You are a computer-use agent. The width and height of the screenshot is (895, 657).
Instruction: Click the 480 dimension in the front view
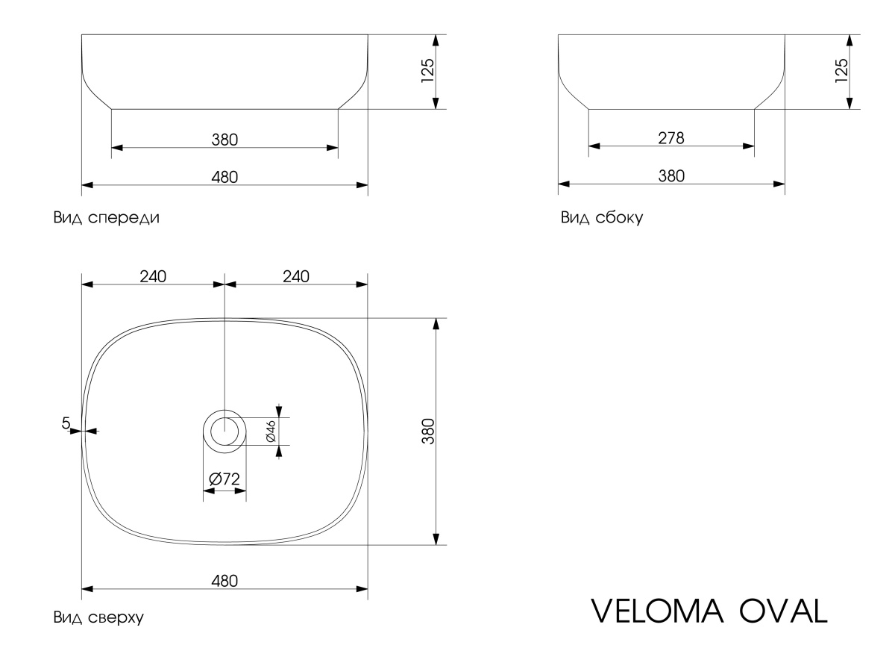pos(224,176)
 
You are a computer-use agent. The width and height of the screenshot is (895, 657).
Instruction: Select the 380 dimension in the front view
pos(224,139)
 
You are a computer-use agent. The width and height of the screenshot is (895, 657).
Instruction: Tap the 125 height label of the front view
pos(427,72)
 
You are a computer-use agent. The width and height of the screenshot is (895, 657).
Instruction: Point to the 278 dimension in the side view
pos(671,138)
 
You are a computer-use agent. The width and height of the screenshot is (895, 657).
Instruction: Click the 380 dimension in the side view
pos(671,176)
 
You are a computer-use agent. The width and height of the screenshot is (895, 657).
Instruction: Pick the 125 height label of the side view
pos(841,72)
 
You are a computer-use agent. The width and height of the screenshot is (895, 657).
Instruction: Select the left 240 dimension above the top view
pos(153,275)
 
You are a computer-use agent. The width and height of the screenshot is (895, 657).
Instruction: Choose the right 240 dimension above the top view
pos(296,275)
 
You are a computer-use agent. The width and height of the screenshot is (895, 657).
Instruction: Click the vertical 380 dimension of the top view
pos(427,432)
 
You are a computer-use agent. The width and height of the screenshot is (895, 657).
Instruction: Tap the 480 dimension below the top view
pos(224,581)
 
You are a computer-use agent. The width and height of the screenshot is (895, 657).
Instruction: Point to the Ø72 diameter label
pos(224,479)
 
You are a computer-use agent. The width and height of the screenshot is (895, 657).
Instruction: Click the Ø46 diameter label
pos(271,431)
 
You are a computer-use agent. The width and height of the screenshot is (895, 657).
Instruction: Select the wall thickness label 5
pos(66,423)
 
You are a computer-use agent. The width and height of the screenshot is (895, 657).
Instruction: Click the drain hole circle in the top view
pos(224,431)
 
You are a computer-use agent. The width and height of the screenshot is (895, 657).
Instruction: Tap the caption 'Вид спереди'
pos(105,219)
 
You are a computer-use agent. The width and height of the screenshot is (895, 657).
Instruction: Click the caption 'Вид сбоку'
pos(601,219)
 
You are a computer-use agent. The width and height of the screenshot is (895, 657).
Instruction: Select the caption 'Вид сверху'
pos(98,617)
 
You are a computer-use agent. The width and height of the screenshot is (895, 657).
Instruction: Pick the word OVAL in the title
pos(783,610)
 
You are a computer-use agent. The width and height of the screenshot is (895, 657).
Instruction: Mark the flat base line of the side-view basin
pos(671,109)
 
